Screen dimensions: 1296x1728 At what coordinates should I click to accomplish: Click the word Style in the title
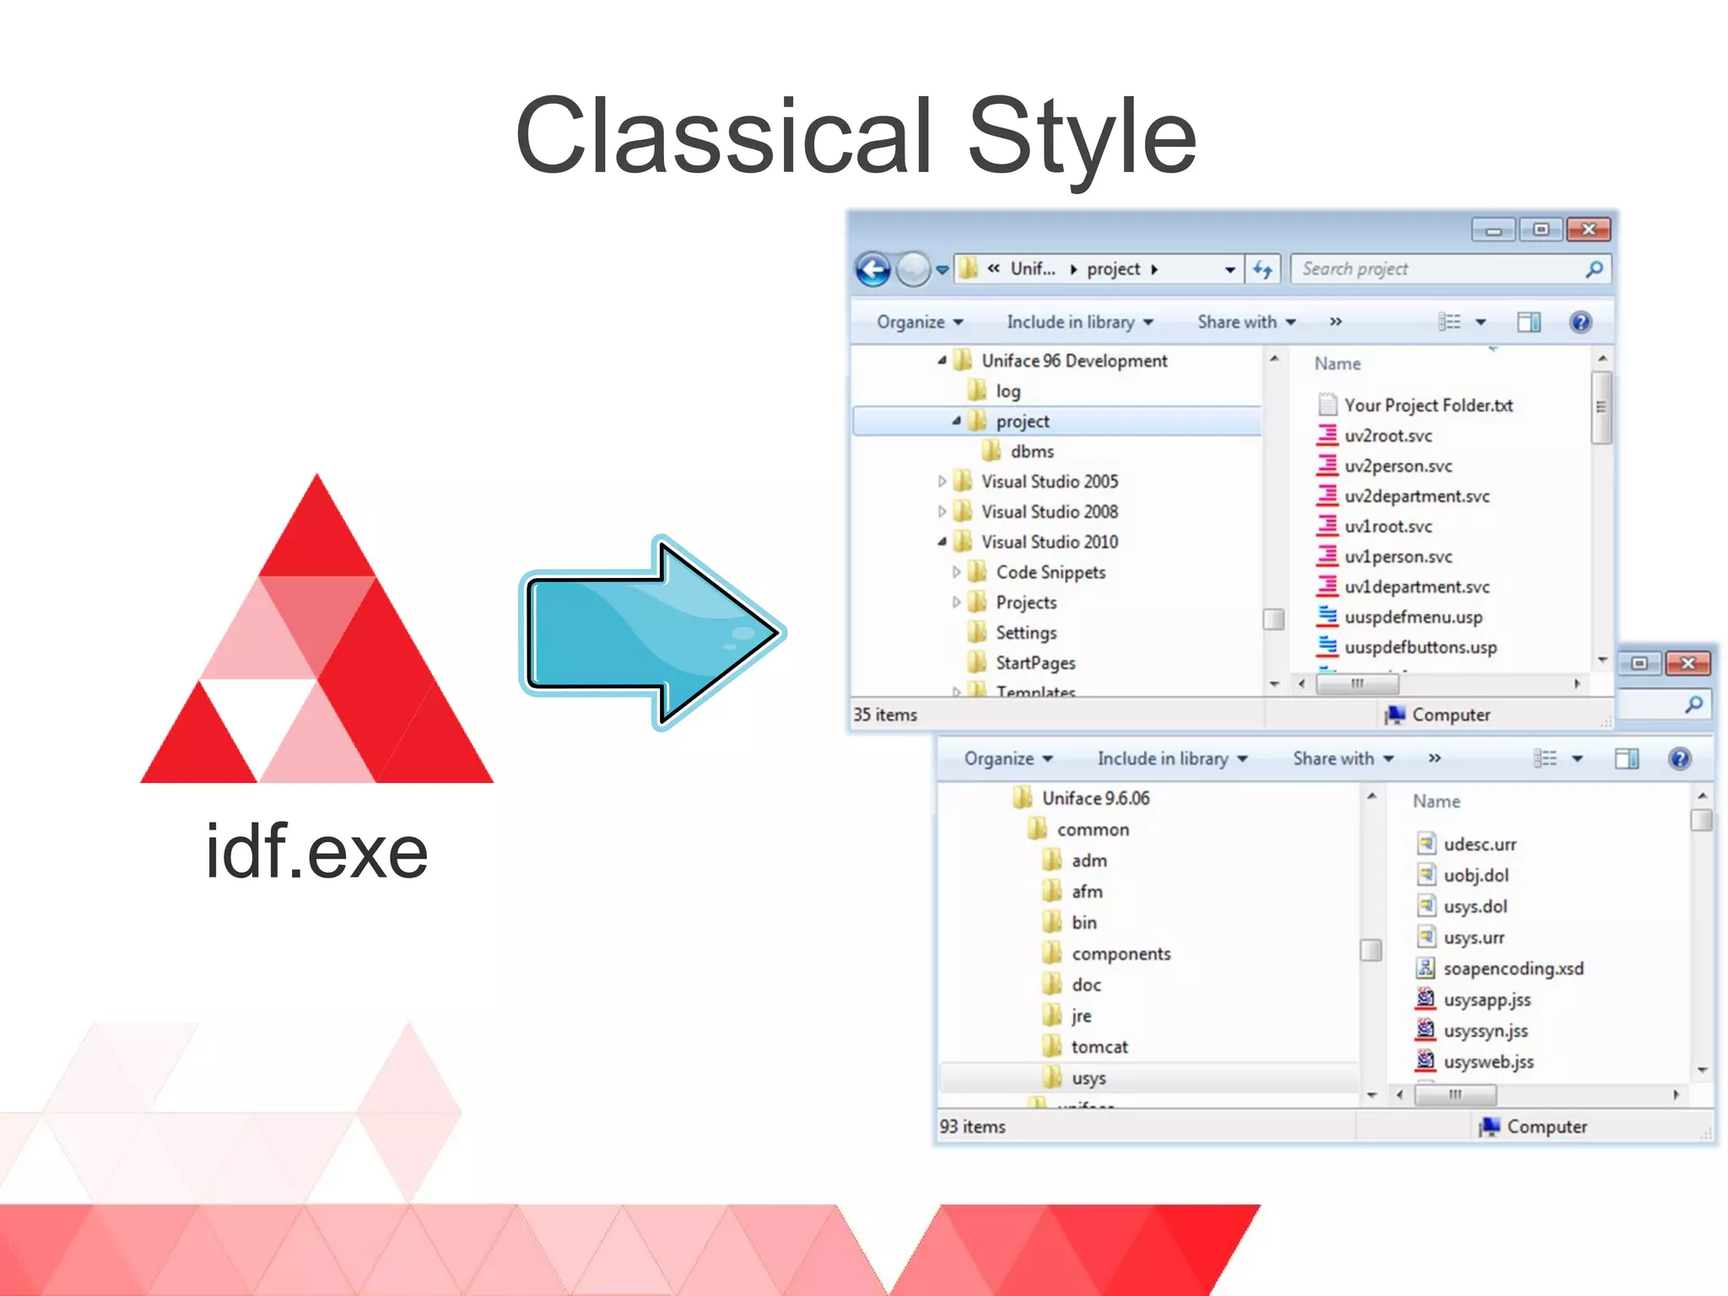point(1082,137)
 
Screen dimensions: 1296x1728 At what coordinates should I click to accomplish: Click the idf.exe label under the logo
point(316,852)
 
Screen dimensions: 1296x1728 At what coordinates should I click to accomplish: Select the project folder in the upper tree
point(1023,421)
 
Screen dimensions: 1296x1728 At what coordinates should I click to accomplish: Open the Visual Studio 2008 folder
point(1049,511)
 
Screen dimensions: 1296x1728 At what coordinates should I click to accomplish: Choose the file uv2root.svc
point(1387,436)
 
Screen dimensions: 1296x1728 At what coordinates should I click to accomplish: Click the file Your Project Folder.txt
point(1428,406)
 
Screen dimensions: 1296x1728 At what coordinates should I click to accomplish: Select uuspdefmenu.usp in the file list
point(1412,617)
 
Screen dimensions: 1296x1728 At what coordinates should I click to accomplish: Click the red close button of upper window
point(1588,229)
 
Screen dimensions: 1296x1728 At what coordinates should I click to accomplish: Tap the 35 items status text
point(885,715)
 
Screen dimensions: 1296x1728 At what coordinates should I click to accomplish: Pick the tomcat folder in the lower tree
point(1099,1047)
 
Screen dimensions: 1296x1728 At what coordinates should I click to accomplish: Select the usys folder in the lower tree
point(1088,1078)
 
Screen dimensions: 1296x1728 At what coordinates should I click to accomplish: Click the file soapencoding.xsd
point(1513,969)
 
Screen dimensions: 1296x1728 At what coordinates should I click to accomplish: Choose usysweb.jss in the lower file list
point(1488,1062)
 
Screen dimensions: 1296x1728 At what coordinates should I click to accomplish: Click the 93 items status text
point(973,1126)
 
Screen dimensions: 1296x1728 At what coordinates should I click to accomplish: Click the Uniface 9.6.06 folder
point(1095,798)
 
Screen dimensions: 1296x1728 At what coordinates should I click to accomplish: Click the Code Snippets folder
point(1050,572)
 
